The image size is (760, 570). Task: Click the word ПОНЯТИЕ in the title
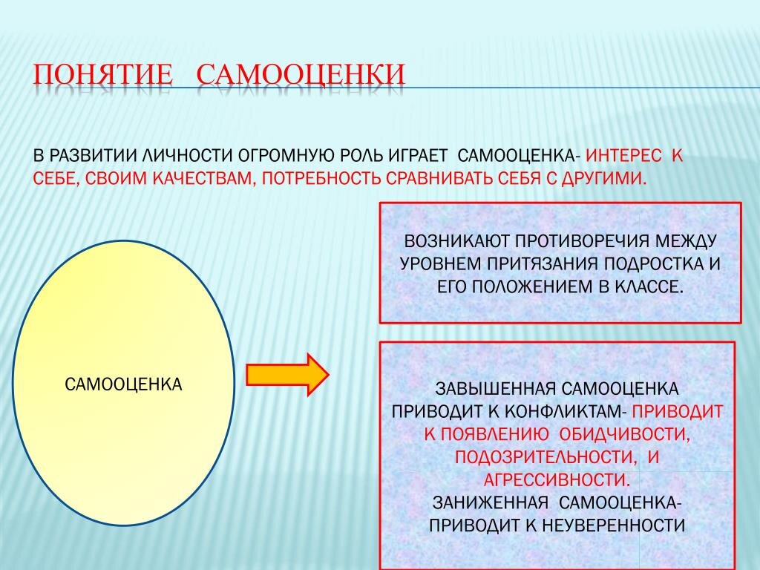[x=102, y=74]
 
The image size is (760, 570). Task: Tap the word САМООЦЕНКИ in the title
[x=301, y=74]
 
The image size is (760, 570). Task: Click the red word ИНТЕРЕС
[x=623, y=156]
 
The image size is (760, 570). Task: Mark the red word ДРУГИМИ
[x=604, y=179]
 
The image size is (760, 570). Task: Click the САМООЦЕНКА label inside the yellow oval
[x=124, y=384]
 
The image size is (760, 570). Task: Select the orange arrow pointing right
[x=288, y=375]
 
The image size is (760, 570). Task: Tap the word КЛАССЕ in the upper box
[x=649, y=287]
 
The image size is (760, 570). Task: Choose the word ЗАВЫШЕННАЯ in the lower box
[x=494, y=389]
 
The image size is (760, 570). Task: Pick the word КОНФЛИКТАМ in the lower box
[x=566, y=411]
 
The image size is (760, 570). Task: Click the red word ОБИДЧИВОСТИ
[x=624, y=434]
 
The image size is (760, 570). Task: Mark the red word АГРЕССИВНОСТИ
[x=557, y=480]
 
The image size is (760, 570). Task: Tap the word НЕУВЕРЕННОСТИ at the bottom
[x=612, y=525]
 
